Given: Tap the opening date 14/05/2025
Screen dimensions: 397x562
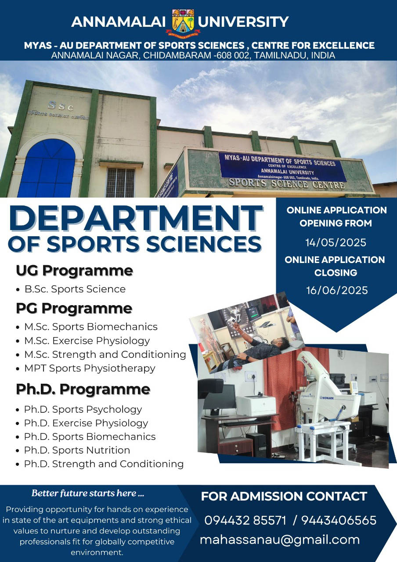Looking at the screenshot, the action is (336, 243).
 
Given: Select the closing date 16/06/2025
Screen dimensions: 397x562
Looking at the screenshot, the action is (337, 290).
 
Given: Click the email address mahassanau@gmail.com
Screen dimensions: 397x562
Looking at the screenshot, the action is (280, 540).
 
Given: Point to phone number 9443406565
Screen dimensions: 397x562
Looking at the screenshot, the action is (339, 520).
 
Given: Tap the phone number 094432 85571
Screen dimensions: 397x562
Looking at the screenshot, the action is (245, 520).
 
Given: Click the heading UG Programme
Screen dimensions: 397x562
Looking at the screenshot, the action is (74, 271).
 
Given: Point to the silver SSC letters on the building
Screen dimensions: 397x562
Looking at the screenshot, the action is (61, 106).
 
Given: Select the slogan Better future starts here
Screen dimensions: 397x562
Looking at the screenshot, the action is (87, 493).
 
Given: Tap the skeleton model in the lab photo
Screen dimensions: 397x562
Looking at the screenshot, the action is (205, 338).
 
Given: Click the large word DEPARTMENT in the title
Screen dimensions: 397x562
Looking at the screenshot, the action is (136, 218).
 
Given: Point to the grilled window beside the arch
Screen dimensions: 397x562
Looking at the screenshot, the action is (121, 182).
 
